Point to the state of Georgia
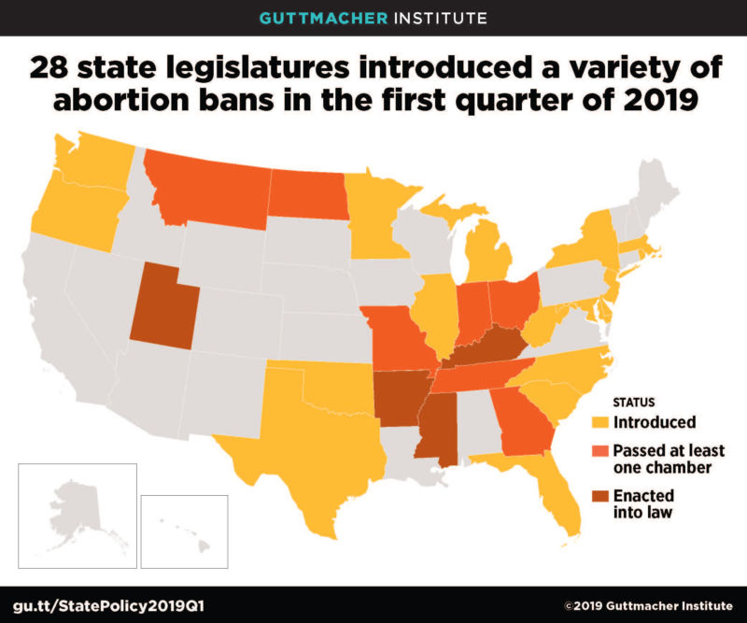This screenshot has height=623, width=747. [518, 416]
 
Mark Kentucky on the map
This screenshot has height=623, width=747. [486, 347]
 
